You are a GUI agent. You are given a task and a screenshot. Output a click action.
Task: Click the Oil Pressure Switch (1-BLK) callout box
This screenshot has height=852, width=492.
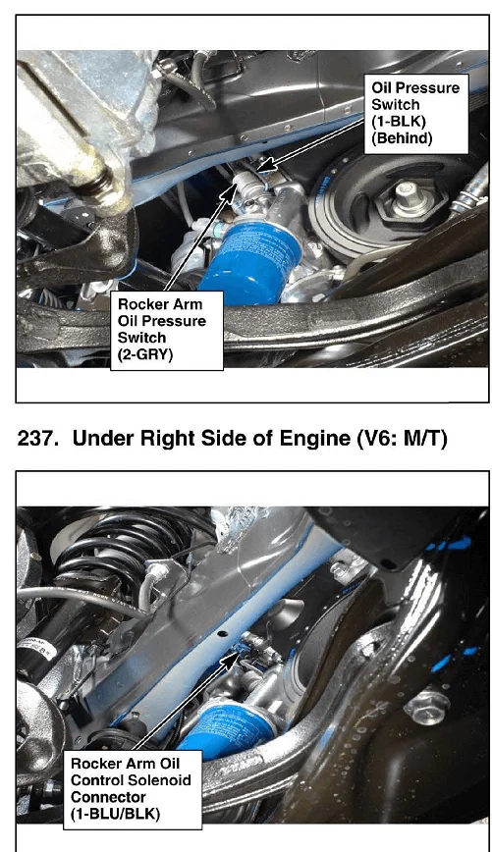(x=416, y=114)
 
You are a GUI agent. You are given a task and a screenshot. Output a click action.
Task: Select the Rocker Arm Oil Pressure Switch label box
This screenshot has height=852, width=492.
(x=167, y=331)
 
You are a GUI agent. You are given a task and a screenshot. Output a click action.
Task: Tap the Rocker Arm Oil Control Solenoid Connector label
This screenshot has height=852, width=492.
(x=133, y=789)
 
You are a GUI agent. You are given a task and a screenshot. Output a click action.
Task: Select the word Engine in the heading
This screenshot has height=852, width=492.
(x=313, y=439)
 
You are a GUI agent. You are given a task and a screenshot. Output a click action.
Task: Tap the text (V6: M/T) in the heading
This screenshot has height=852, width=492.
(x=402, y=439)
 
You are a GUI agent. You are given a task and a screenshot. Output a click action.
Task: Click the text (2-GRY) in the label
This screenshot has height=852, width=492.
(x=145, y=354)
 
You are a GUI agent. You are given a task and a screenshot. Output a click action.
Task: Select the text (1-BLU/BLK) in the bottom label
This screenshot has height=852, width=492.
(x=115, y=814)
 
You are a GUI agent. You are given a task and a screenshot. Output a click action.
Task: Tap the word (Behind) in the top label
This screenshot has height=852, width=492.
(x=402, y=138)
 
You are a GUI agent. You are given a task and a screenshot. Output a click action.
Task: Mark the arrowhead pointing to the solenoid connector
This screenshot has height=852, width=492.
(x=235, y=658)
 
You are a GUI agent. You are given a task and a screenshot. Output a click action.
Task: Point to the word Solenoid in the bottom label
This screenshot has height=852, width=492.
(x=158, y=780)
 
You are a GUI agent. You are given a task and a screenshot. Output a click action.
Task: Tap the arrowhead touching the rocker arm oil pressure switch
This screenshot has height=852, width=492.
(x=231, y=189)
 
